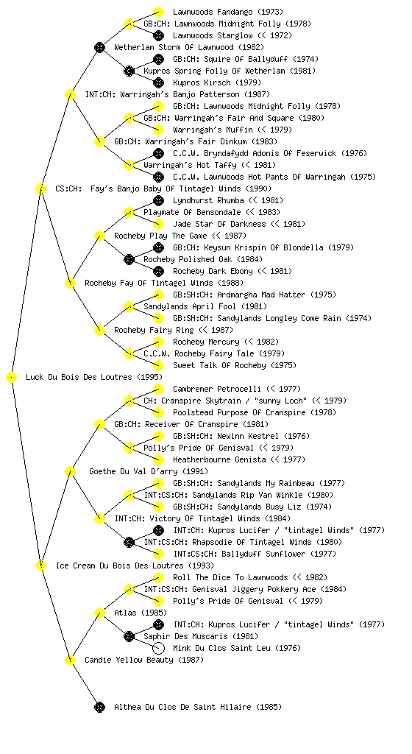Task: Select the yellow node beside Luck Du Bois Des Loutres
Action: pos(12,378)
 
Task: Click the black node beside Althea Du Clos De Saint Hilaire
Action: pos(99,707)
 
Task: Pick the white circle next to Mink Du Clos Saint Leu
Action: pos(158,648)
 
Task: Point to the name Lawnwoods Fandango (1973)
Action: pos(228,12)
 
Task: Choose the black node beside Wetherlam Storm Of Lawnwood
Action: pos(99,47)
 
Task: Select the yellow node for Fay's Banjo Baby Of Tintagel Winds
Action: pos(40,188)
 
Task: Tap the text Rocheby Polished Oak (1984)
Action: pos(199,259)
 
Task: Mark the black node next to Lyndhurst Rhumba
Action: pos(158,200)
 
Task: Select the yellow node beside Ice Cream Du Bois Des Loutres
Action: pos(40,566)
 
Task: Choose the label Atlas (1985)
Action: pos(141,613)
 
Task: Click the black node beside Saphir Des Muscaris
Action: pos(129,636)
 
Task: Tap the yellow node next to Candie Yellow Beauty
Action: pos(70,660)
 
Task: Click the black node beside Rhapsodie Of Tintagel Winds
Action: pos(129,542)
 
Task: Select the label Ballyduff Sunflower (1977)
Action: pos(263,554)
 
